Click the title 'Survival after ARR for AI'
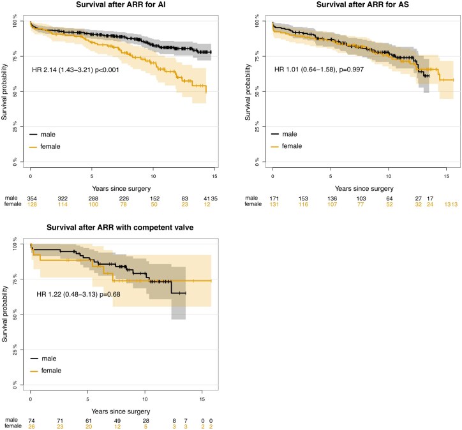121,6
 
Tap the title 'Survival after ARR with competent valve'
121,230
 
